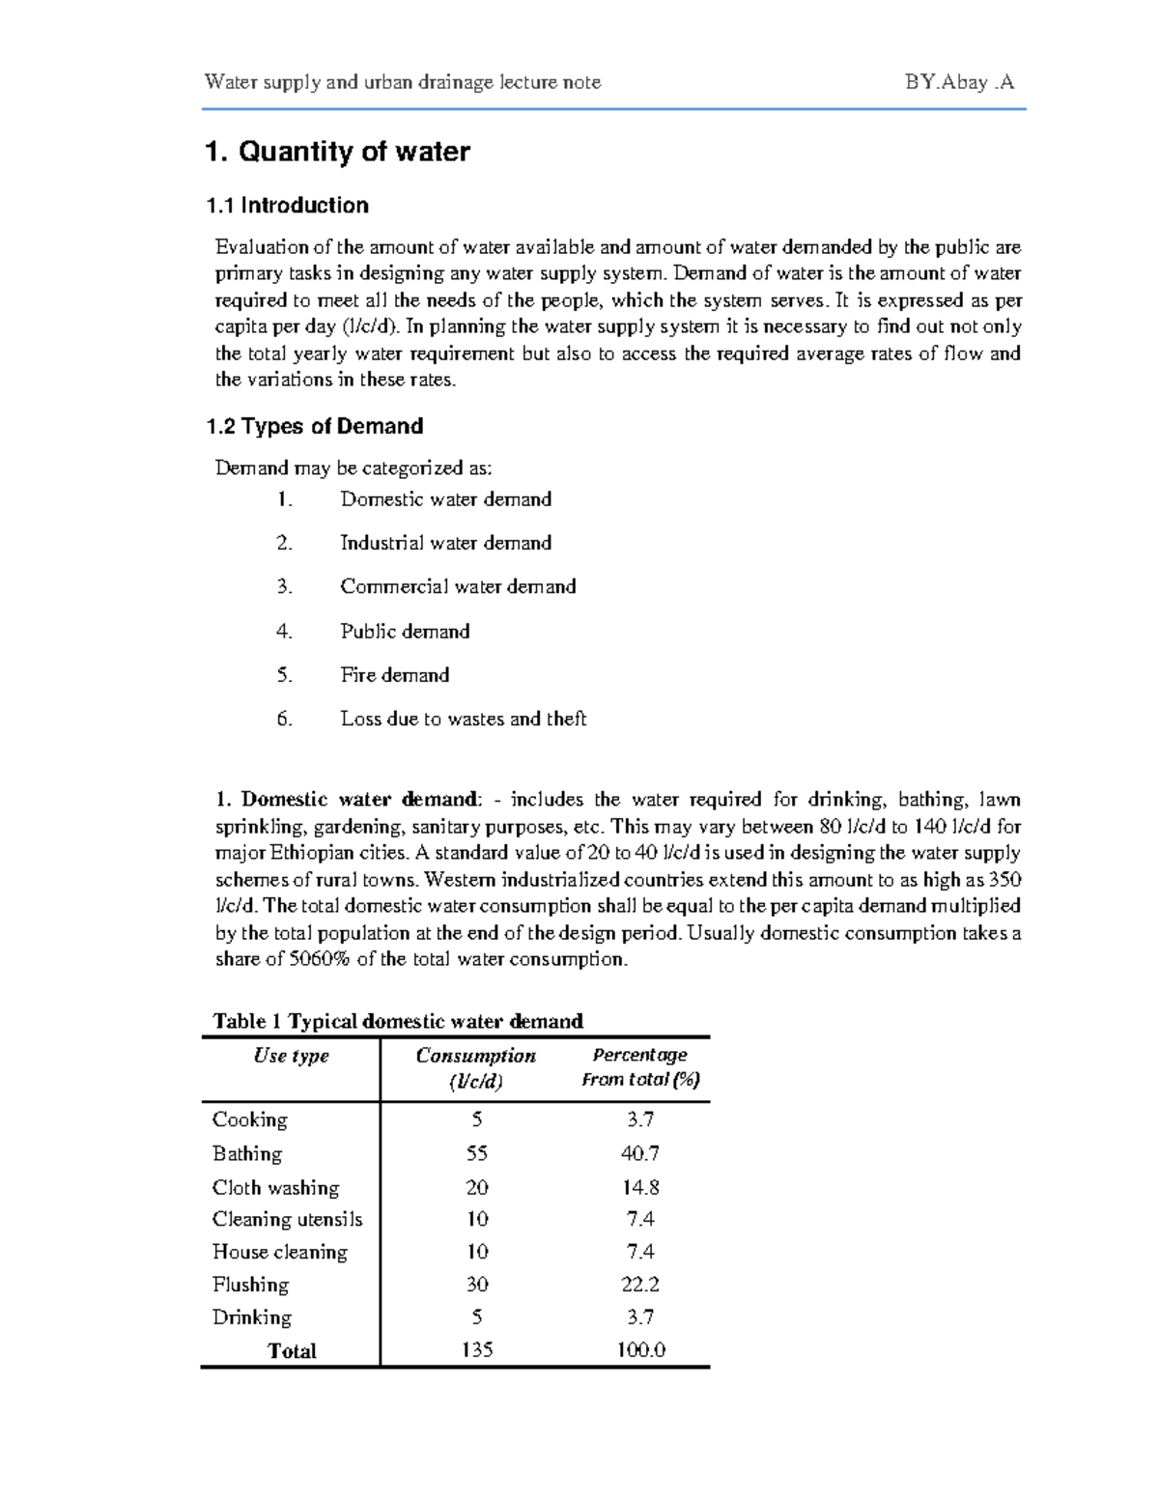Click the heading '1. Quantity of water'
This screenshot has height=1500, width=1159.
click(x=337, y=152)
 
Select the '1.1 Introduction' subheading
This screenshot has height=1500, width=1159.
click(x=287, y=205)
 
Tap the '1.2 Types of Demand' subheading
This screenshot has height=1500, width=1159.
click(x=315, y=426)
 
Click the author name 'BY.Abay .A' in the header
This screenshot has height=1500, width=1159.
click(x=959, y=82)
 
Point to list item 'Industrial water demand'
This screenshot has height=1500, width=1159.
click(x=445, y=543)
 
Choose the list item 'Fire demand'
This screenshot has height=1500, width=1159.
click(x=394, y=675)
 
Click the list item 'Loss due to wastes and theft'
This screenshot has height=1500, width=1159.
click(x=463, y=719)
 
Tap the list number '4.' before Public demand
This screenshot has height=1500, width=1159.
click(x=284, y=632)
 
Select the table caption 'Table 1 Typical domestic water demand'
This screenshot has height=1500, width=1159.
click(x=398, y=1021)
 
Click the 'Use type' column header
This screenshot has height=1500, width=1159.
click(x=291, y=1056)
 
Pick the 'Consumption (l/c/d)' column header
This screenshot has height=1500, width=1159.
click(x=475, y=1067)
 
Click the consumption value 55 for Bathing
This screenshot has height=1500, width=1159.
click(x=476, y=1153)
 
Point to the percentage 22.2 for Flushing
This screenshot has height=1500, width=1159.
click(x=640, y=1284)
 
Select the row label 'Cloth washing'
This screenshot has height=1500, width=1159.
click(x=275, y=1187)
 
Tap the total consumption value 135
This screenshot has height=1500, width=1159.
click(x=477, y=1349)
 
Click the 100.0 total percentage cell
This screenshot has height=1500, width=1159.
click(x=641, y=1349)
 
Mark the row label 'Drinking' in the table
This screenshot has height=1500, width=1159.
click(x=251, y=1317)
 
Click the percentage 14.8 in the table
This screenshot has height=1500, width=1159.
click(x=640, y=1187)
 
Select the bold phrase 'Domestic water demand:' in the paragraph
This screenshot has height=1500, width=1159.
click(x=359, y=800)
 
